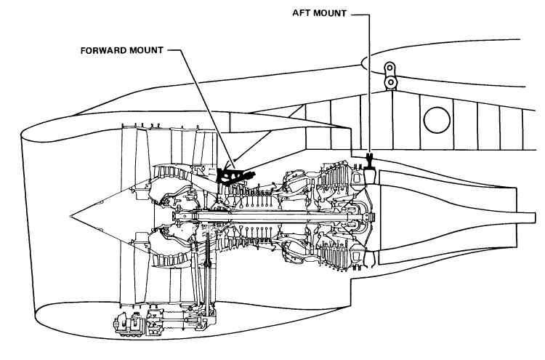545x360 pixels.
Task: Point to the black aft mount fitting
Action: pyautogui.click(x=370, y=167)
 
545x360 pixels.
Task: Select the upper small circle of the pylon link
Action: pyautogui.click(x=392, y=68)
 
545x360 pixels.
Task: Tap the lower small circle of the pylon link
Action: pyautogui.click(x=392, y=83)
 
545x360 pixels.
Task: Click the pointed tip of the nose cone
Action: pyautogui.click(x=71, y=215)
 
